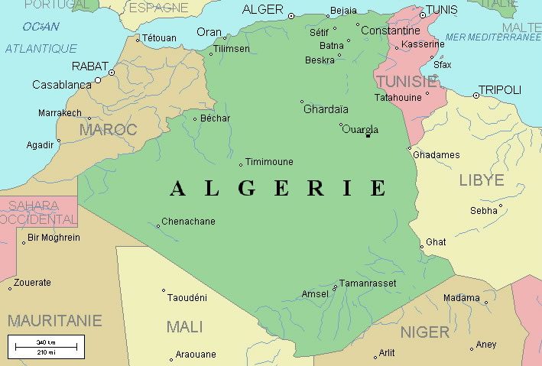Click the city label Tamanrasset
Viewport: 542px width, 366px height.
tap(368, 283)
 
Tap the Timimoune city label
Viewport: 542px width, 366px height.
tap(269, 162)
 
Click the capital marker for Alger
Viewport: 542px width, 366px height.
tap(290, 15)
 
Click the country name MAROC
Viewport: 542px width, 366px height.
tap(108, 130)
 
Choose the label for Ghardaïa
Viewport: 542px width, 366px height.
tap(326, 109)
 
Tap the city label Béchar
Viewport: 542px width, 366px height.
tap(215, 118)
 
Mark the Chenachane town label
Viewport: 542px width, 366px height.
tap(189, 222)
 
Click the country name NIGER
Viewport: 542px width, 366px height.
tap(425, 332)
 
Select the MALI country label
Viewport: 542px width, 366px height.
tap(184, 327)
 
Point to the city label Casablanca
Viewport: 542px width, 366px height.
tap(61, 85)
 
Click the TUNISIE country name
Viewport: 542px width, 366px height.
tap(406, 81)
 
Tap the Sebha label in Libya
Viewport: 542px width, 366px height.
tap(484, 210)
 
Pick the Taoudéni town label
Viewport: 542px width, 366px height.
tap(187, 297)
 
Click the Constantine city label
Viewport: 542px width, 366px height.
tap(390, 31)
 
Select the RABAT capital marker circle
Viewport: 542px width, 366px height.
tap(112, 73)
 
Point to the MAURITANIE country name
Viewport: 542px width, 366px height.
tap(54, 320)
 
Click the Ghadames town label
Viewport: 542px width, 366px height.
tap(437, 155)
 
